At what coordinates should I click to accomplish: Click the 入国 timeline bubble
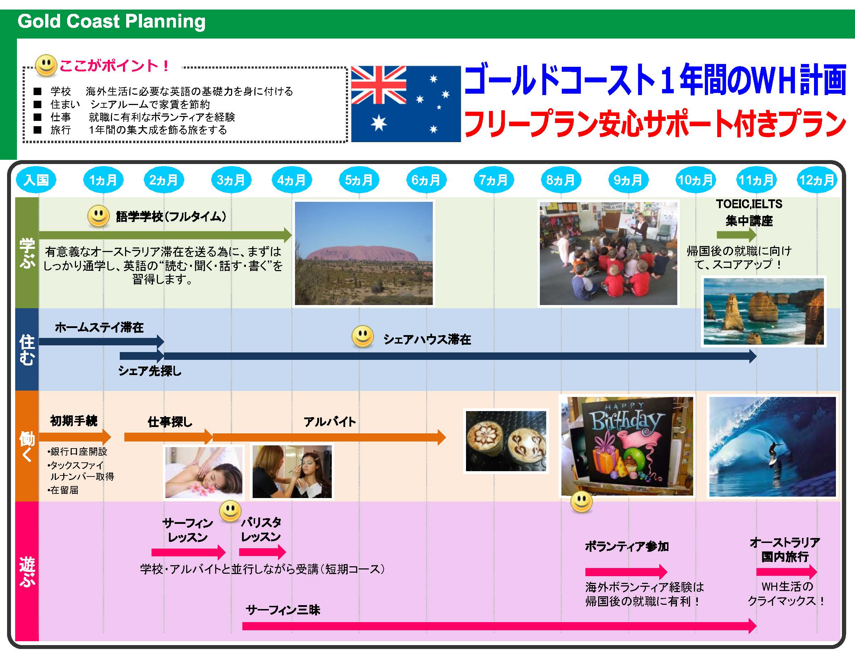36,180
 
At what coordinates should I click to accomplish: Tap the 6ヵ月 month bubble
426,180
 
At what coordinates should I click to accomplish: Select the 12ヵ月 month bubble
817,180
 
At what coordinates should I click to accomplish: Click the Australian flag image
406,104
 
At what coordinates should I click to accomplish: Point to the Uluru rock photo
364,253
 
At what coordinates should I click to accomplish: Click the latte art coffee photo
506,441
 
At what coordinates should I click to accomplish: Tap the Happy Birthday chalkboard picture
627,446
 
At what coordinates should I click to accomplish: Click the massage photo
204,472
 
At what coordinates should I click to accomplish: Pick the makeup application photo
292,472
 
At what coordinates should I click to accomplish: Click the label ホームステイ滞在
99,327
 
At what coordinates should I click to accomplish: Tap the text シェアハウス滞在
427,339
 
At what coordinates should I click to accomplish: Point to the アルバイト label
330,422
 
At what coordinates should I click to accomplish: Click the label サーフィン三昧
283,610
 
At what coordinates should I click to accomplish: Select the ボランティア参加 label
627,546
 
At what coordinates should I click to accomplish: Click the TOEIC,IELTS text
749,204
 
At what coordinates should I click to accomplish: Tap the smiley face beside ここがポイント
46,65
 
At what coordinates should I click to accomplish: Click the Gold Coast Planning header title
112,21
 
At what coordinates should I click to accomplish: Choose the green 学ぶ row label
27,253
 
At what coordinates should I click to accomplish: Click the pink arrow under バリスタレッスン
262,552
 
